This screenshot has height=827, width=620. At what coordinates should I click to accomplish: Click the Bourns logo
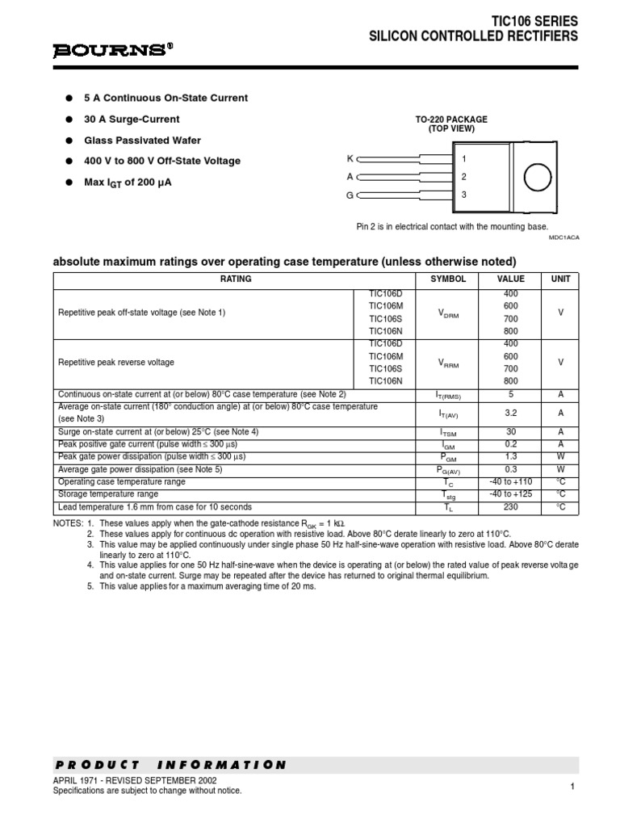(x=113, y=50)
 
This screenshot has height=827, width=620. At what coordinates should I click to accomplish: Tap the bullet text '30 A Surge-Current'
(x=132, y=119)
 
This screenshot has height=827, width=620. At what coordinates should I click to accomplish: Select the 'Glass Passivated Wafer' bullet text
(x=142, y=140)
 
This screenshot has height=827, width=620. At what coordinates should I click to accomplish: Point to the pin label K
(x=350, y=158)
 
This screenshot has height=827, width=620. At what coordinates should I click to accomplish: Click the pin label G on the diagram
(x=350, y=195)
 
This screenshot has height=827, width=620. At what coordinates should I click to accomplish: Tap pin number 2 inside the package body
(x=463, y=177)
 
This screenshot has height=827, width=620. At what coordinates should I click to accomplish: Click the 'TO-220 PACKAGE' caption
(x=451, y=120)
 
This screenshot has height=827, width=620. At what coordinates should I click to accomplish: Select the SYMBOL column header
(x=447, y=279)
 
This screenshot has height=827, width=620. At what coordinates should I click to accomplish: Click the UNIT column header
(x=560, y=279)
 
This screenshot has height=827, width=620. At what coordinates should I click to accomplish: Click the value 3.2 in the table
(x=510, y=413)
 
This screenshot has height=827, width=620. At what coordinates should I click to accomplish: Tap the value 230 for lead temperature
(x=510, y=507)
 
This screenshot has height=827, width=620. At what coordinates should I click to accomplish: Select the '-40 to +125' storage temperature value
(x=510, y=493)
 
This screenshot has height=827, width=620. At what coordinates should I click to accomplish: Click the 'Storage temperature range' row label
(x=108, y=493)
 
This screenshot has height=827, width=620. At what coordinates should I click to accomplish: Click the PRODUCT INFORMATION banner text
(x=170, y=765)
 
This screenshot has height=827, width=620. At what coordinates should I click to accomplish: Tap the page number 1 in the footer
(x=571, y=787)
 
